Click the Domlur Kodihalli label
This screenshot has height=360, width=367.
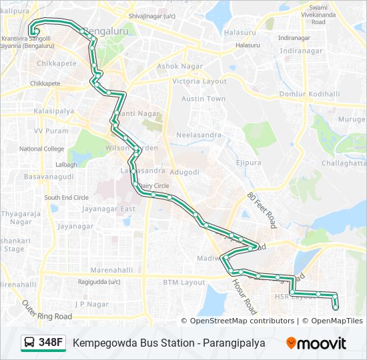click(310, 94)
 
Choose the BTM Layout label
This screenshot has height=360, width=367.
click(184, 282)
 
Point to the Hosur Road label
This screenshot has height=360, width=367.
click(245, 297)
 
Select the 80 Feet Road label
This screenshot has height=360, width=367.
click(261, 209)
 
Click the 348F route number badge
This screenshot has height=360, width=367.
click(51, 343)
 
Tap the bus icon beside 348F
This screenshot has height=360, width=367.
click(30, 343)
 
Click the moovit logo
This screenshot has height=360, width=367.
click(316, 343)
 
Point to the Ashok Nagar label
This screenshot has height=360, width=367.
click(175, 66)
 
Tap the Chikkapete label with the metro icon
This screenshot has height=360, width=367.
click(45, 83)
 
